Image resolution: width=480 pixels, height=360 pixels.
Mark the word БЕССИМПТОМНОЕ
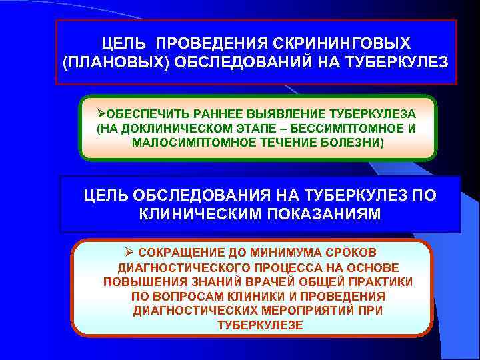click(354, 128)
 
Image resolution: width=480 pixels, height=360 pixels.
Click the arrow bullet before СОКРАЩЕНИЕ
click(129, 253)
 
